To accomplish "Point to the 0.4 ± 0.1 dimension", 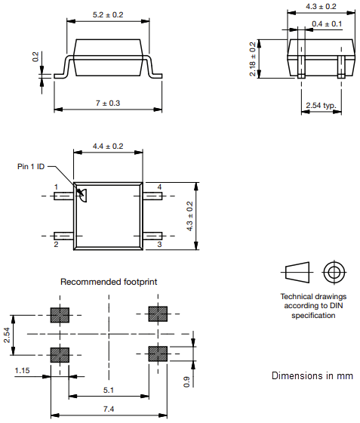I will (x=326, y=24).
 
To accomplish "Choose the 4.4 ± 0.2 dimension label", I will (x=107, y=146).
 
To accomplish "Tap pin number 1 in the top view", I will (x=55, y=186).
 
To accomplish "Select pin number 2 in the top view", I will (x=55, y=245).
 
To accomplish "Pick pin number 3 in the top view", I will (x=159, y=245).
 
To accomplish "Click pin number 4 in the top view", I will (x=159, y=186).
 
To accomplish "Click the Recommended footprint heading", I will (x=109, y=282).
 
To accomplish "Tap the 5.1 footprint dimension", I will (x=109, y=391).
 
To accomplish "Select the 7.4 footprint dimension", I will (x=109, y=409).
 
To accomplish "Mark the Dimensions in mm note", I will (x=312, y=375).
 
